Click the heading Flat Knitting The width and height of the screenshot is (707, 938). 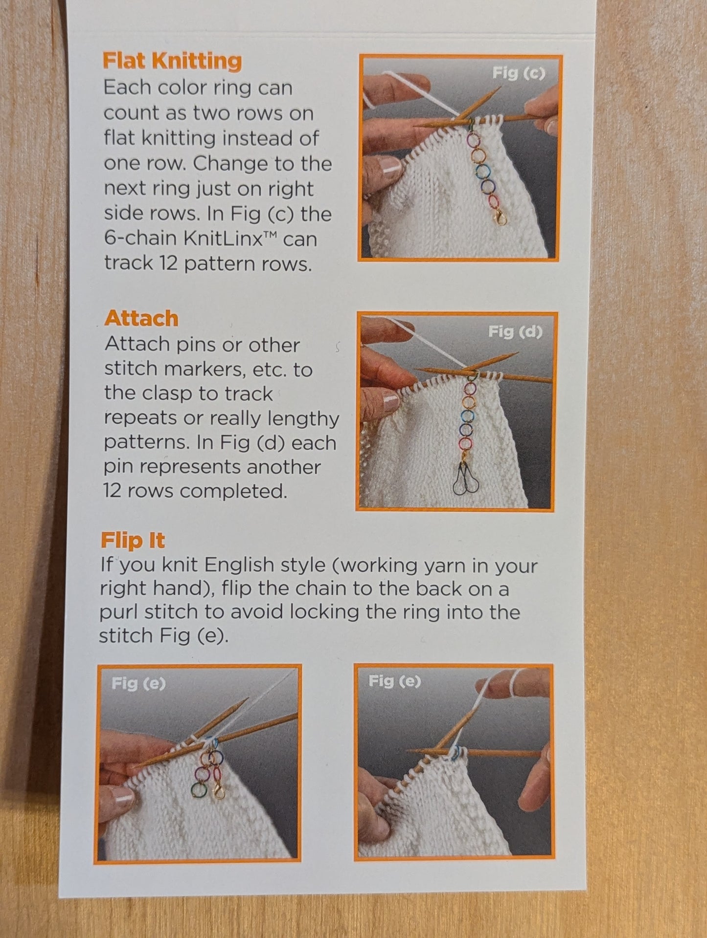[x=172, y=61]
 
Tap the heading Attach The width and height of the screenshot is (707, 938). [x=141, y=318]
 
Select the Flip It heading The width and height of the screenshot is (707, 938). [x=133, y=540]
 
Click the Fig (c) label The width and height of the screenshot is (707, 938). [x=518, y=73]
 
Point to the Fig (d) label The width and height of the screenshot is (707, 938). [x=515, y=332]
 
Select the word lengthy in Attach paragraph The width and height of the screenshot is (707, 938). [x=307, y=419]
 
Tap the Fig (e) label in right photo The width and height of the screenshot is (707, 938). [x=394, y=681]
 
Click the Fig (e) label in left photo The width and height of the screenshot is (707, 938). [x=138, y=683]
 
